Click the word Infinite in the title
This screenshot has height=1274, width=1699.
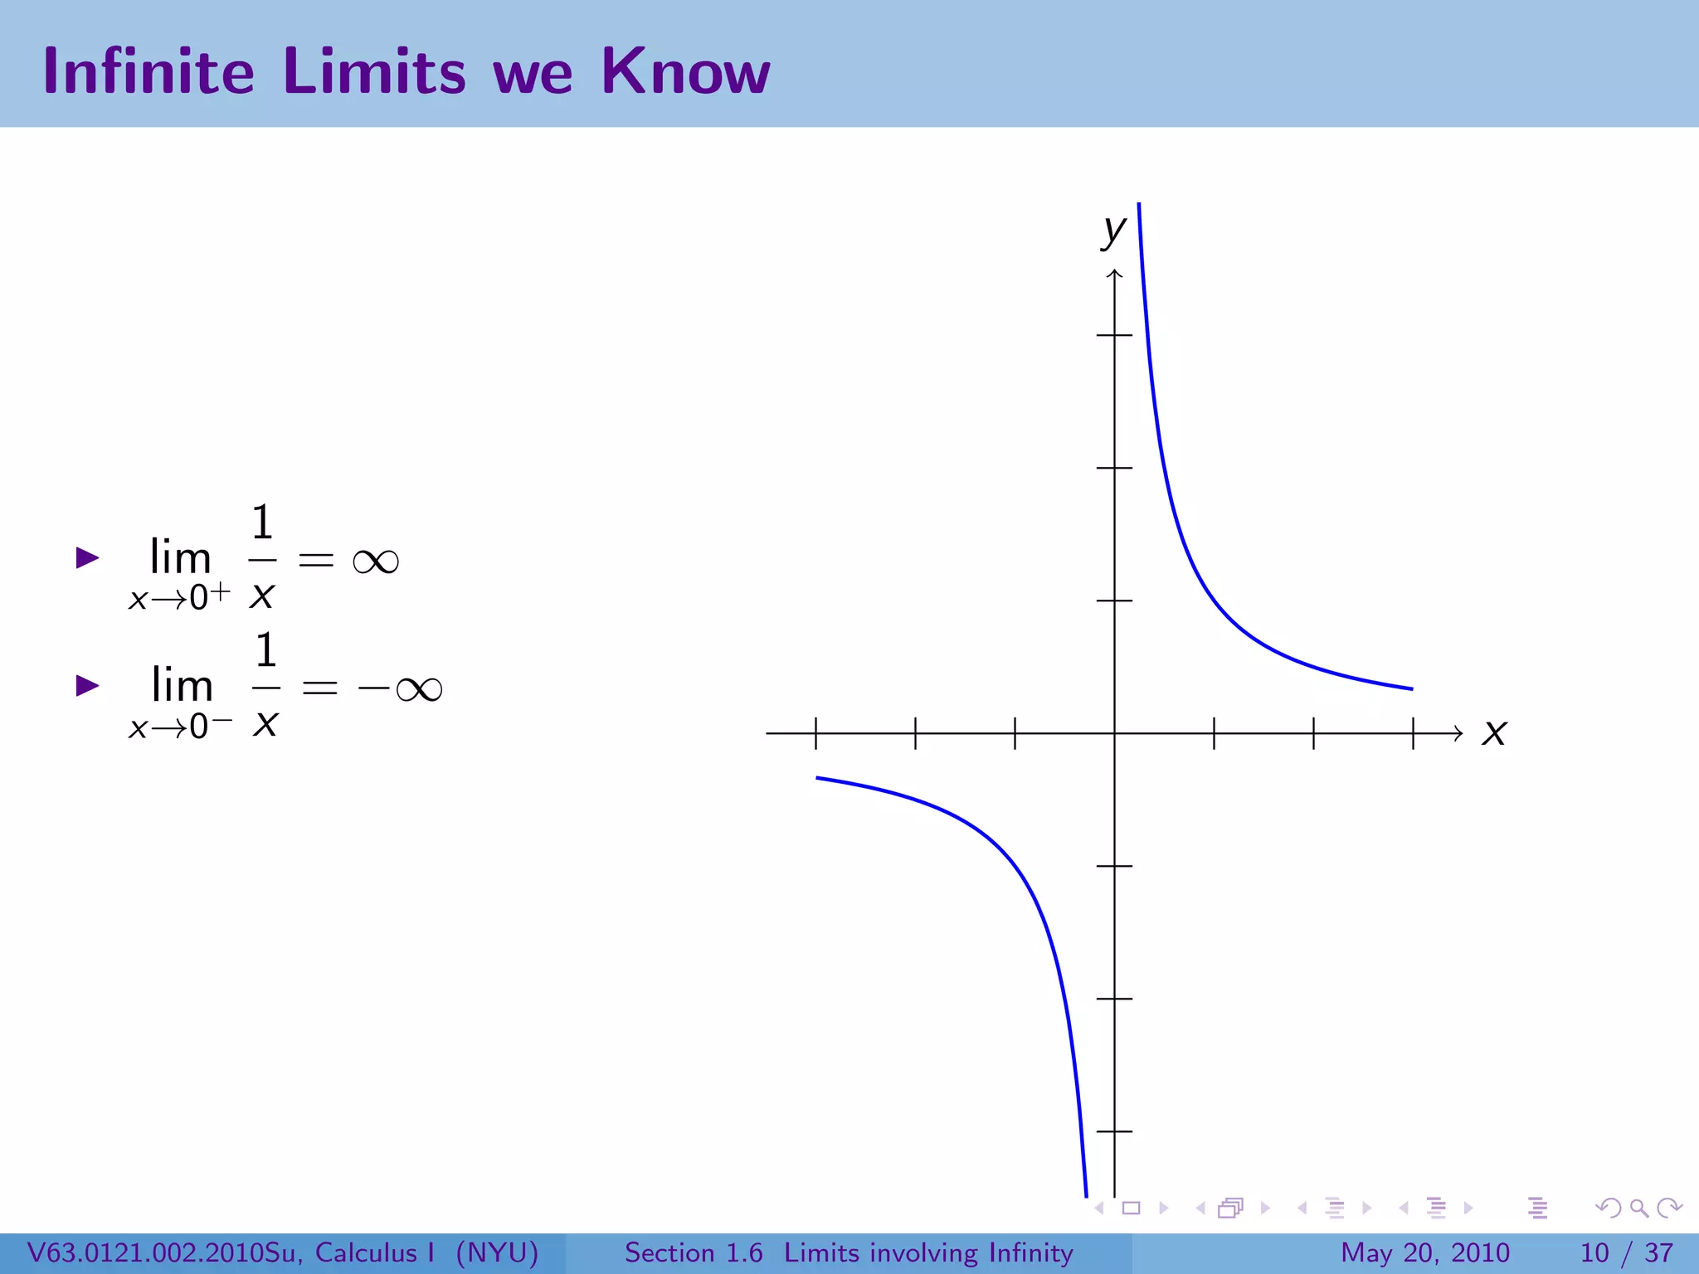click(148, 71)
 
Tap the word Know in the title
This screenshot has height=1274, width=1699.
click(686, 71)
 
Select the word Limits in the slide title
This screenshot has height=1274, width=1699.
click(374, 71)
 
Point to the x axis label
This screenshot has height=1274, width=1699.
click(1494, 732)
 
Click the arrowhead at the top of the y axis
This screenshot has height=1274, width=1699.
click(1115, 275)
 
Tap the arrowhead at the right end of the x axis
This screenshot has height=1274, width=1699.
click(1458, 733)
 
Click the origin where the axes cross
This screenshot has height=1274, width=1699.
click(1115, 733)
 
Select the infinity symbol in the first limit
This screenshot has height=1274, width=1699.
click(376, 562)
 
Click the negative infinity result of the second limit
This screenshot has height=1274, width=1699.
click(401, 689)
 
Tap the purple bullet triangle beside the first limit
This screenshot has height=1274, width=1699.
click(87, 557)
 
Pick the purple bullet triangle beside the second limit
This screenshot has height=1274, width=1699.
click(87, 685)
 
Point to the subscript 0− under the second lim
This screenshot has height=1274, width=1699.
click(211, 726)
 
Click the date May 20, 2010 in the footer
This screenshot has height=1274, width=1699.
click(1424, 1252)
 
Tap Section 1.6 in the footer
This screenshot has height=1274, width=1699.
click(694, 1252)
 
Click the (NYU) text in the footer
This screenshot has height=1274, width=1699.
click(497, 1252)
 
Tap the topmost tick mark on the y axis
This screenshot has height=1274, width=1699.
click(1115, 335)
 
